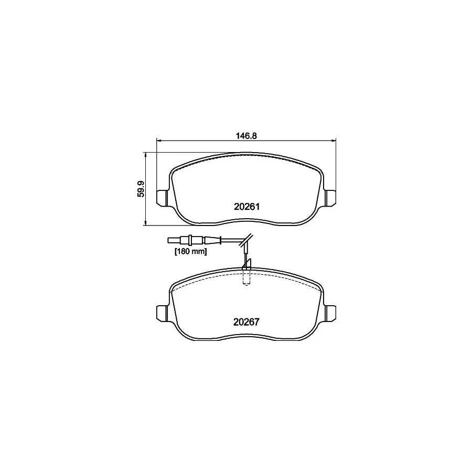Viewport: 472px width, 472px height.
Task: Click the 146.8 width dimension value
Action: [246, 135]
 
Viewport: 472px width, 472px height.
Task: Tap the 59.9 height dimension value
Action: [141, 188]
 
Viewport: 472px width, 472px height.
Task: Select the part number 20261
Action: [246, 207]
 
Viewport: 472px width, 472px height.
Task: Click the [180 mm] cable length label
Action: [190, 252]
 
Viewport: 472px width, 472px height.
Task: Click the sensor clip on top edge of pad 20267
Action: [246, 268]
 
